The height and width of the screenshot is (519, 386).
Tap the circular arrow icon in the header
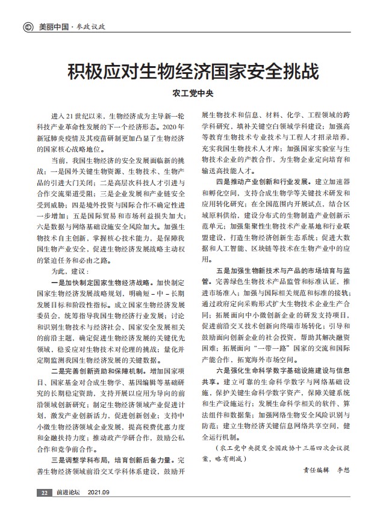pos(27,27)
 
